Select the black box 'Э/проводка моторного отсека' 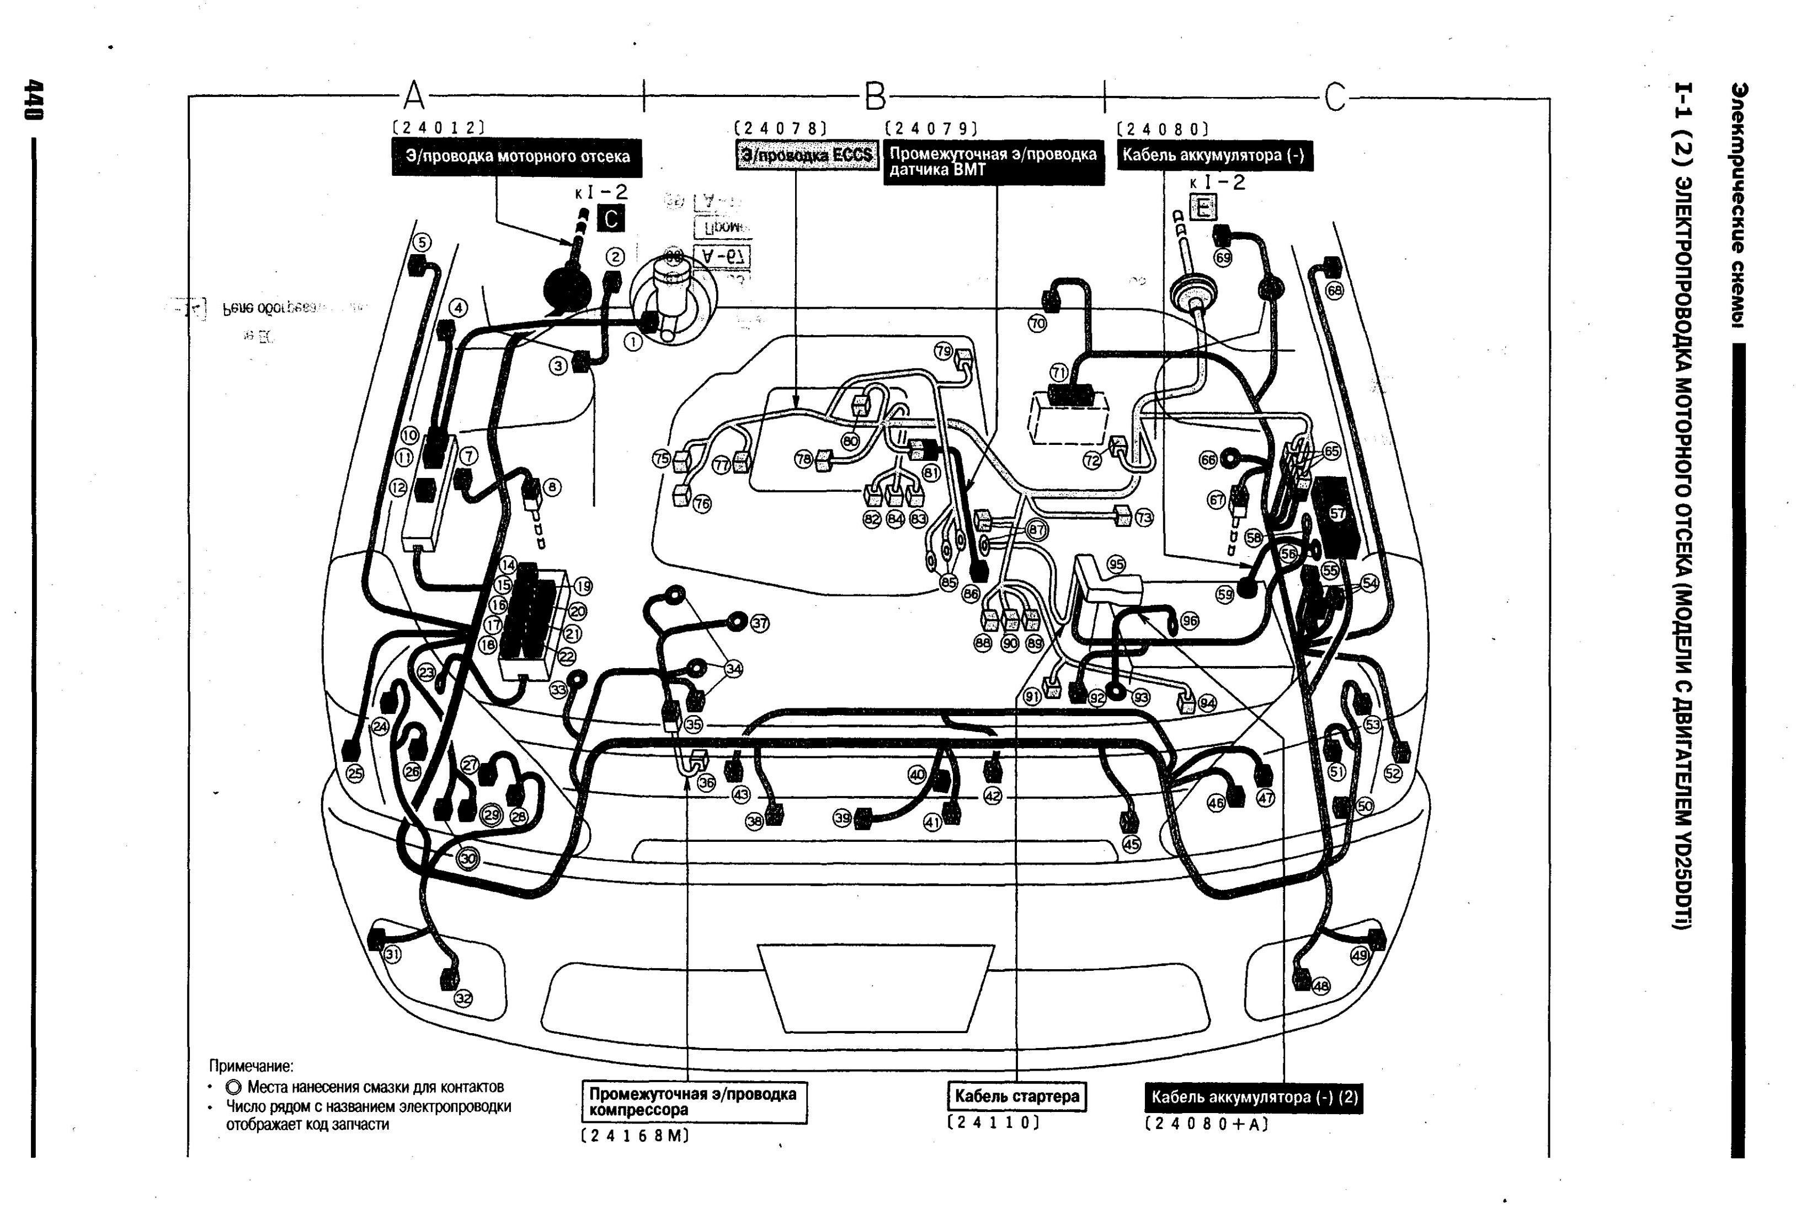pos(517,157)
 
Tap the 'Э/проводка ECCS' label pos(806,155)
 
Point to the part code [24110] pos(994,1122)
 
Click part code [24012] pos(438,128)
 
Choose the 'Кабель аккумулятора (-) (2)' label pos(1254,1097)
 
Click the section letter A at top pos(414,97)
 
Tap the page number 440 pos(33,100)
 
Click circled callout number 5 pos(421,242)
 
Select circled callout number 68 pos(1334,291)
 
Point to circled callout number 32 pos(463,998)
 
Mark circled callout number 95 pos(1116,565)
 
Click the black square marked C pos(610,219)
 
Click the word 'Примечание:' pos(252,1066)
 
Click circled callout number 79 pos(944,351)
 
